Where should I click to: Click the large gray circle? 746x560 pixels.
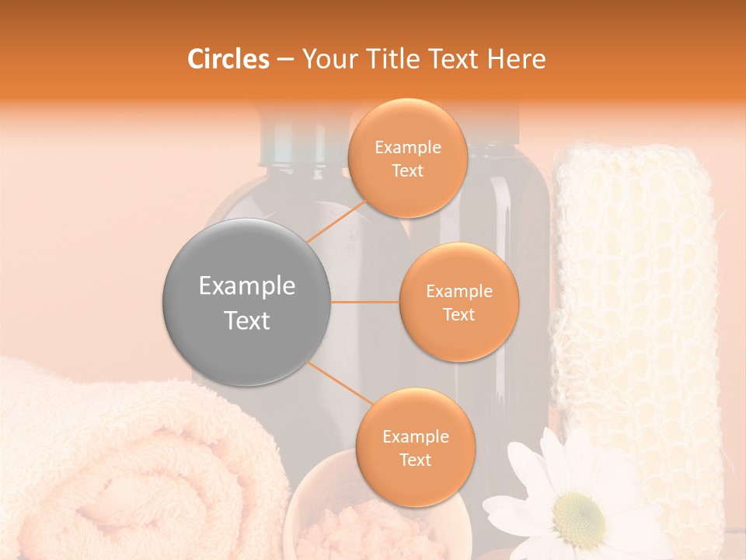pyautogui.click(x=247, y=303)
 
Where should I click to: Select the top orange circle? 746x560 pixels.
pyautogui.click(x=407, y=158)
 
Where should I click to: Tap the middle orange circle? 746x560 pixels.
pyautogui.click(x=458, y=302)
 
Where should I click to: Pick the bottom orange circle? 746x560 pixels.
pyautogui.click(x=415, y=447)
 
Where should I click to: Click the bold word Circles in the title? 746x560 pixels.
pyautogui.click(x=228, y=59)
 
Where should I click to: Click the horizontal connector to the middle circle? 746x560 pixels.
pyautogui.click(x=365, y=302)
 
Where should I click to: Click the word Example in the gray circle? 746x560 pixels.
pyautogui.click(x=247, y=286)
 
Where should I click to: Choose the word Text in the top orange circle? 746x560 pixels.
pyautogui.click(x=407, y=171)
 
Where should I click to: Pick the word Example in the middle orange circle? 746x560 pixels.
pyautogui.click(x=458, y=292)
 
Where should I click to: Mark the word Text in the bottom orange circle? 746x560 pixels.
pyautogui.click(x=415, y=460)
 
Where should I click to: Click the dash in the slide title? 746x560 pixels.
pyautogui.click(x=284, y=60)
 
